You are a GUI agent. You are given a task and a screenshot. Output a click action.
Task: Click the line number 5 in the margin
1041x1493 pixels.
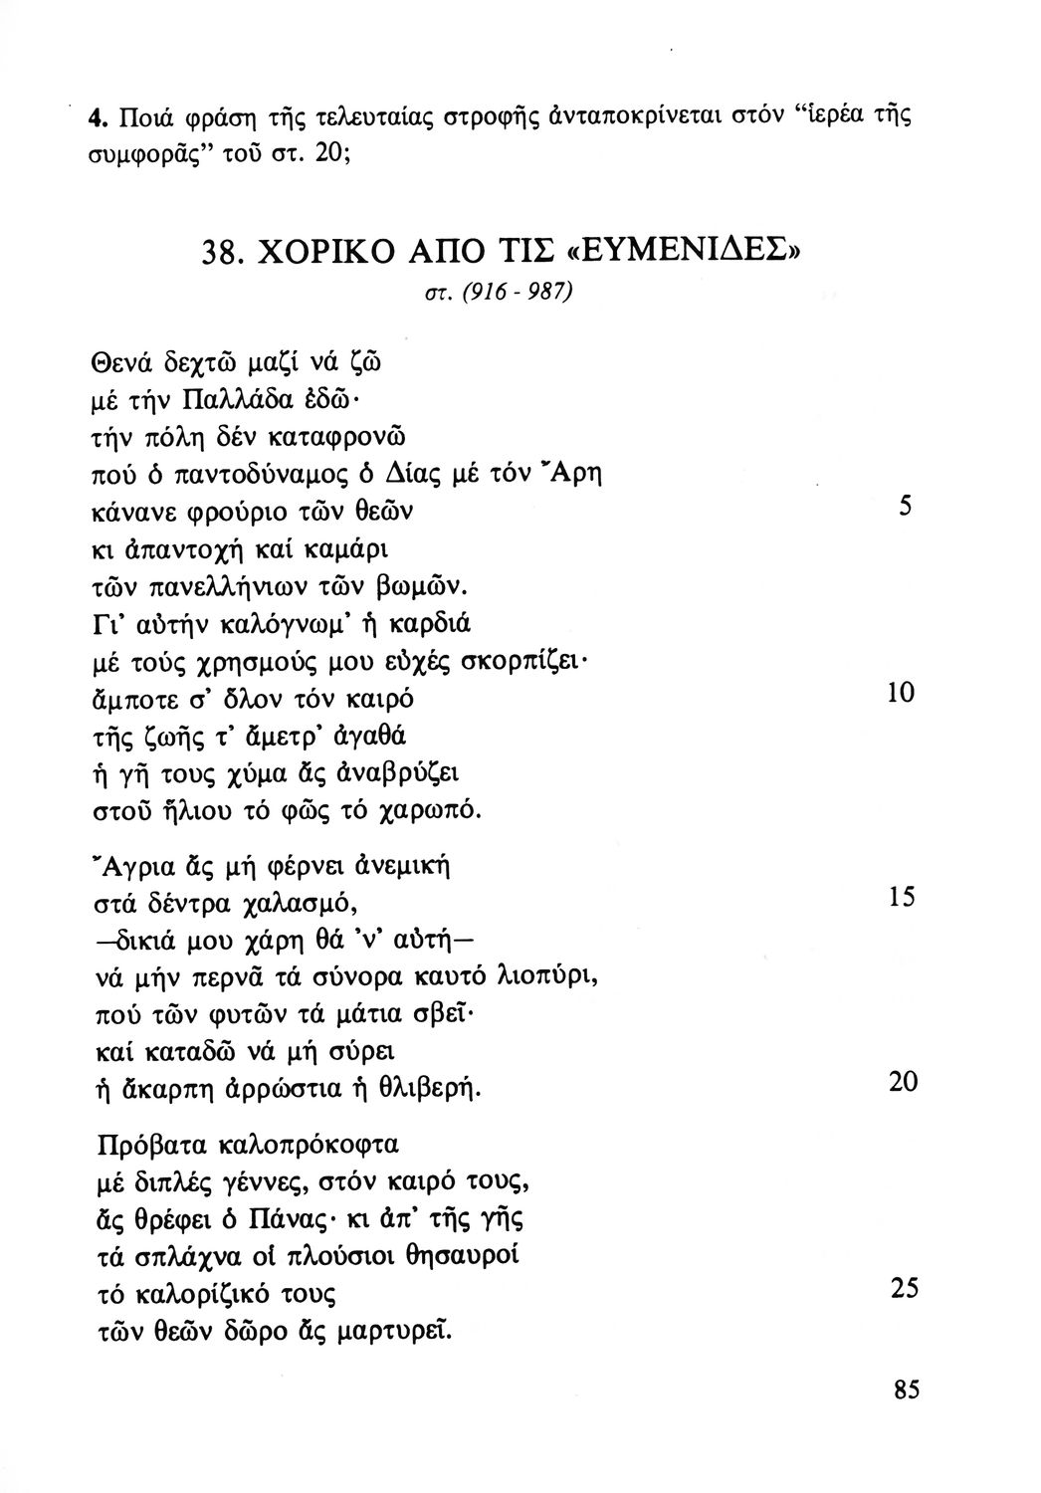coord(905,506)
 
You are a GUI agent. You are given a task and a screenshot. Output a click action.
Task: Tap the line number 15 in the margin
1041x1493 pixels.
coord(901,897)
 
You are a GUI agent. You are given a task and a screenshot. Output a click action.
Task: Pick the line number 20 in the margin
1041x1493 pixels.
coord(902,1082)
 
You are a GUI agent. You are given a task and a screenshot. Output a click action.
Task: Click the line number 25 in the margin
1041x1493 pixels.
coord(902,1289)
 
